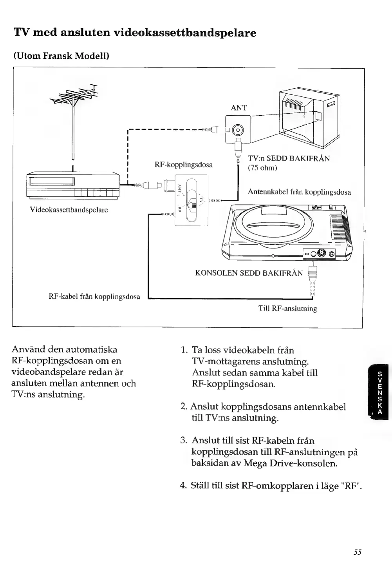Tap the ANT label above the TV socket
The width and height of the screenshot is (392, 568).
pos(239,108)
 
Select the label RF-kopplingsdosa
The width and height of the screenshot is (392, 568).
pos(184,165)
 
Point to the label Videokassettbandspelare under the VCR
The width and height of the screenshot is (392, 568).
pos(69,210)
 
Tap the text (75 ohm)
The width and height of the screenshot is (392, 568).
pos(262,168)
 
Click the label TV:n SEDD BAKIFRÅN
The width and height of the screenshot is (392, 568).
pos(289,158)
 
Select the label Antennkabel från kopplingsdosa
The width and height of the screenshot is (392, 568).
pos(299,192)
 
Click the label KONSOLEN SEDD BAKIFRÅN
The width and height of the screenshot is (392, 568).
pos(249,273)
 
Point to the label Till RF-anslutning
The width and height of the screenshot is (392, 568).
pos(287,308)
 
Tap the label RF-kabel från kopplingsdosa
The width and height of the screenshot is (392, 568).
pos(94,296)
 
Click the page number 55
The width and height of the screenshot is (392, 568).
pos(357,552)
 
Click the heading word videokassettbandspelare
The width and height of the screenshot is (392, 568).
pos(185,33)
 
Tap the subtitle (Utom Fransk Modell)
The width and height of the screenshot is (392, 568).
pos(61,56)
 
